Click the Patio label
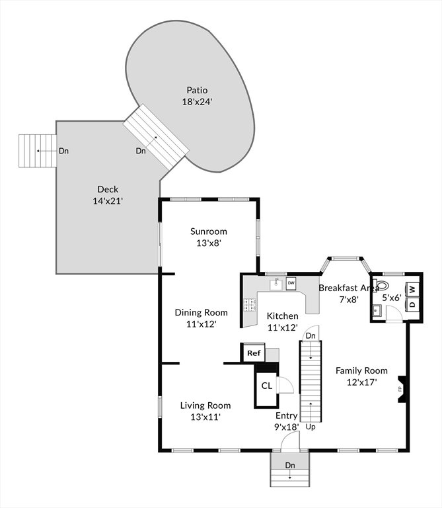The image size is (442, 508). coord(197,90)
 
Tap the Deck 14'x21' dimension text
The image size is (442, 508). coord(108,201)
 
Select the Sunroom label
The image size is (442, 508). coord(209,232)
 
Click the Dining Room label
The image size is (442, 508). coord(202,313)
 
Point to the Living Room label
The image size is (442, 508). coord(205,405)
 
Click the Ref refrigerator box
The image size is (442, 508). coord(254,353)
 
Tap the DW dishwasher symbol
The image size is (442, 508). coord(291,283)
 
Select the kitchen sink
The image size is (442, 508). coord(276,284)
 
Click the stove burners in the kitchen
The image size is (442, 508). coord(250,305)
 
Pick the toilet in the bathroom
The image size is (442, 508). coord(381,286)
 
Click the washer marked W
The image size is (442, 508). coord(412,289)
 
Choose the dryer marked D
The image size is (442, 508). coord(412,304)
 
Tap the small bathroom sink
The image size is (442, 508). coord(377,311)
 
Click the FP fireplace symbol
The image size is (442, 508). coord(401,389)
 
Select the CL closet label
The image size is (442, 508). coord(267,386)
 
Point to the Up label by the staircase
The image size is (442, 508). coord(311,427)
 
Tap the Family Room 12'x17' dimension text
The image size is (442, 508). coord(362,382)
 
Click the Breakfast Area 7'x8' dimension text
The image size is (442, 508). coord(349,300)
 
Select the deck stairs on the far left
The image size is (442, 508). coord(38,151)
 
